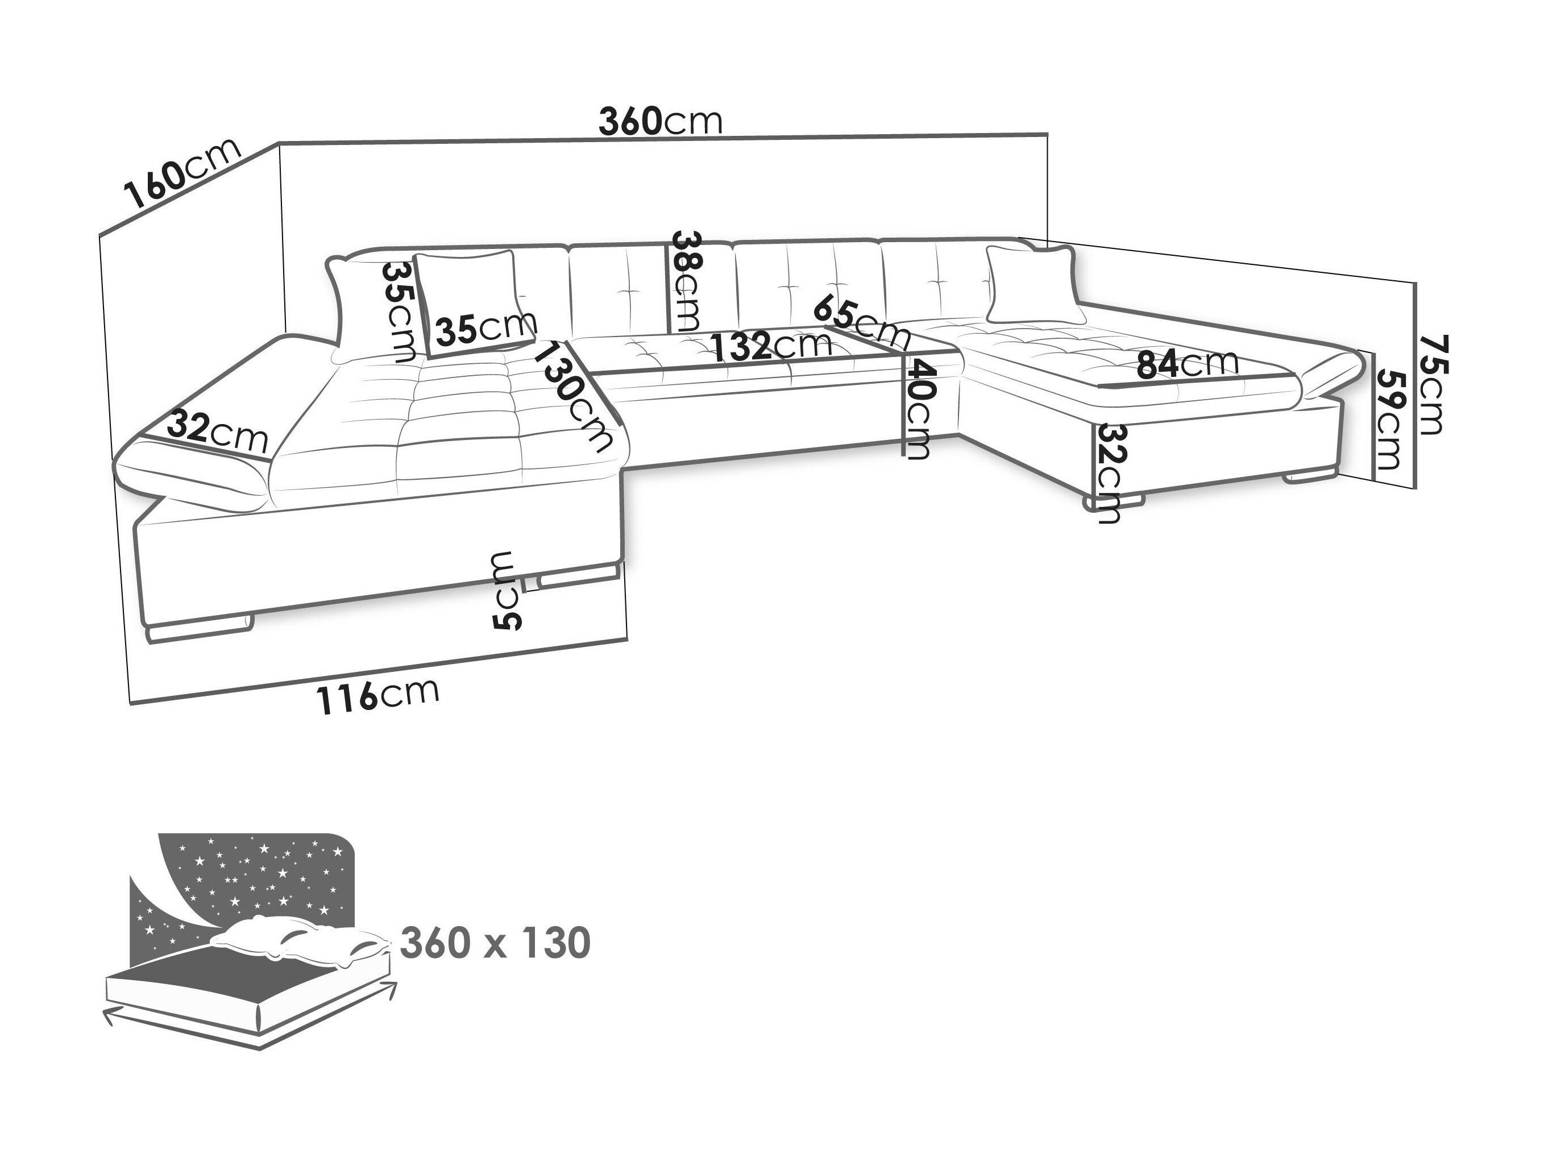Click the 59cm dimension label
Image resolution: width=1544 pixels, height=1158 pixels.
pyautogui.click(x=1389, y=419)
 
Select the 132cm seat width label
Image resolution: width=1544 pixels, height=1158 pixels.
pyautogui.click(x=771, y=345)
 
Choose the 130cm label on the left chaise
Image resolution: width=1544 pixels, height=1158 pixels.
pyautogui.click(x=573, y=395)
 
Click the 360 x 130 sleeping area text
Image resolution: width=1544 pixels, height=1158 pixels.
pyautogui.click(x=496, y=944)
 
